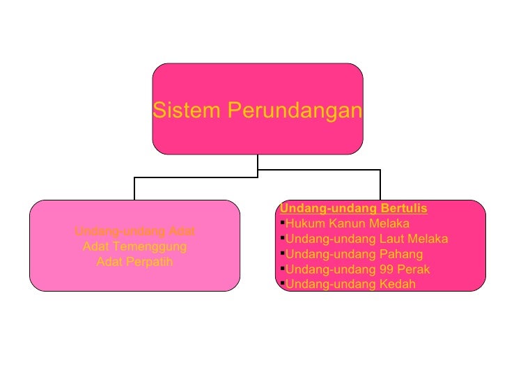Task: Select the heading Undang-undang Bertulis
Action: tap(353, 208)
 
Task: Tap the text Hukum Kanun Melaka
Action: tap(348, 223)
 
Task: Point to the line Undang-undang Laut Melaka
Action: tap(367, 239)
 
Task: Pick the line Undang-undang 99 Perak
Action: tap(358, 269)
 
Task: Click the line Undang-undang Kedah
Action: tap(350, 284)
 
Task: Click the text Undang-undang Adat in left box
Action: tap(134, 231)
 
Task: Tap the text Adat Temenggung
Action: tap(134, 246)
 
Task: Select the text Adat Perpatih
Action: tap(134, 262)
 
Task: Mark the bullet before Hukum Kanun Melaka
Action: tap(282, 223)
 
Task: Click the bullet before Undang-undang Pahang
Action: tap(282, 253)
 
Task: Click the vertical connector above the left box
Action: tap(134, 189)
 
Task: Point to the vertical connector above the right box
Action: tap(380, 184)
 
